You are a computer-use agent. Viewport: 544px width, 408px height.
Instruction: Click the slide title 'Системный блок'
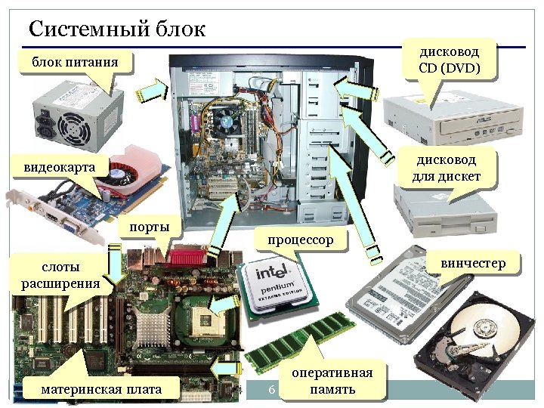[116, 29]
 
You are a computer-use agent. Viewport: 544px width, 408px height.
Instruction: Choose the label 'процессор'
[299, 240]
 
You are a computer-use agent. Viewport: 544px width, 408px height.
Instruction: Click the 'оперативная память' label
[332, 382]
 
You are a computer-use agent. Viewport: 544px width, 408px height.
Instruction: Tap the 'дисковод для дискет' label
[449, 168]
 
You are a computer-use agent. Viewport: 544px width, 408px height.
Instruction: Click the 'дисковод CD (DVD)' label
[449, 60]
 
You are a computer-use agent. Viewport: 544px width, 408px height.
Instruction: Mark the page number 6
[270, 390]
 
